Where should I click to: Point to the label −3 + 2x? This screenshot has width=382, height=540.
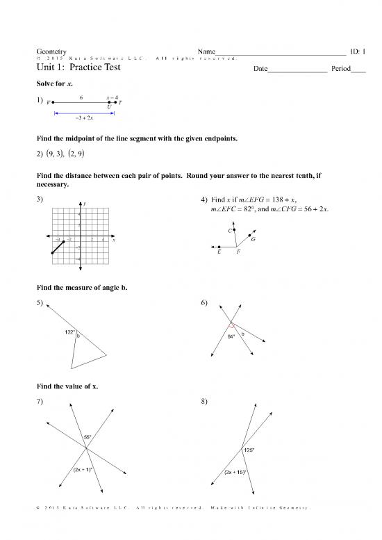point(84,118)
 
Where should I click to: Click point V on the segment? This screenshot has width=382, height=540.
point(53,102)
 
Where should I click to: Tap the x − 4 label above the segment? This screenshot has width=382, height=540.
point(112,97)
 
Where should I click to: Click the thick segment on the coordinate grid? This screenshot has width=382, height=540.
point(57,247)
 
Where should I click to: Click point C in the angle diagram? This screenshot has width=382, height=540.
point(235,229)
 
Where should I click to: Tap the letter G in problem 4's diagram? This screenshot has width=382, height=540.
point(254,240)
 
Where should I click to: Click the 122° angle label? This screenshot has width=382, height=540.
point(70,331)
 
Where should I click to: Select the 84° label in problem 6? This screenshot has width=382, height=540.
point(232,337)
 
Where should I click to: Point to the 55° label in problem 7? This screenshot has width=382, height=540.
point(88,436)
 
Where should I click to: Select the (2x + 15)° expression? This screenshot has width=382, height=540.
point(235,473)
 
